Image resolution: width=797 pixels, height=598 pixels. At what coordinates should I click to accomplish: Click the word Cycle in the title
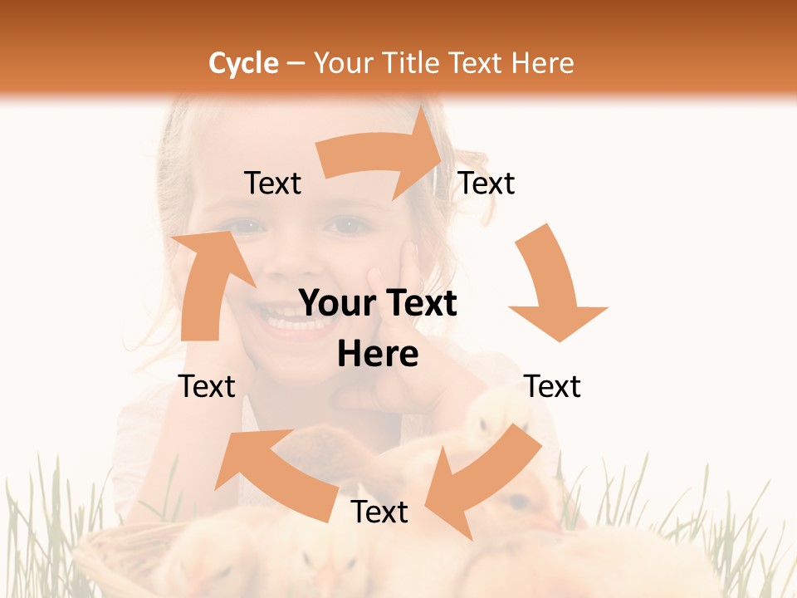point(243,63)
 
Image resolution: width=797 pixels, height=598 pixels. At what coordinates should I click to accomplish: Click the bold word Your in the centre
point(334,304)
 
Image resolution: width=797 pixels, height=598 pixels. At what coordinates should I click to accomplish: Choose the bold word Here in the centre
point(378,355)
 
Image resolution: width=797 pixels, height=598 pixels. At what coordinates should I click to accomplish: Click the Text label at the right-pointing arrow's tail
point(272,184)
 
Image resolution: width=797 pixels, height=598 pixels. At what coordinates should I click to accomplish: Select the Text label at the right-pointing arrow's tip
point(487,184)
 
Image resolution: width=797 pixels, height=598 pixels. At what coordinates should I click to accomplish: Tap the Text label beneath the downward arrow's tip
point(552,386)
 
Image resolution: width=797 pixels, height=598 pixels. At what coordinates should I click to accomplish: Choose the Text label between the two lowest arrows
point(379,512)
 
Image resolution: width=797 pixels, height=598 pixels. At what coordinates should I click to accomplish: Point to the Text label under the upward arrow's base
point(207,386)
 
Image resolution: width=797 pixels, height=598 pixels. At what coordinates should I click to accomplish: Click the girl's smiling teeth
point(286,320)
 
